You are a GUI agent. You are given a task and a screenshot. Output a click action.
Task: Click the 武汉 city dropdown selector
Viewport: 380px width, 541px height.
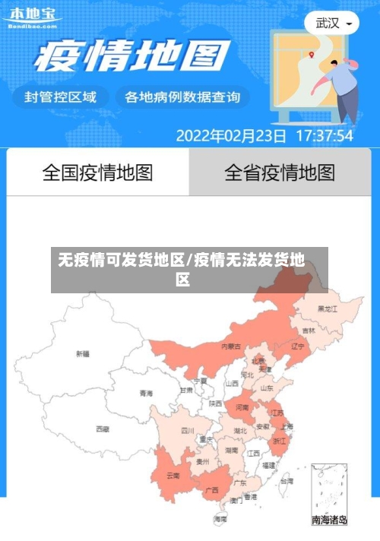coord(333,23)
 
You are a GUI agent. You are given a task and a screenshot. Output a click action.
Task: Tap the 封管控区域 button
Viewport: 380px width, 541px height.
coord(61,96)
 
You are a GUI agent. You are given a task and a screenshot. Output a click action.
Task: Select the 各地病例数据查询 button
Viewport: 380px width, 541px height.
coord(182,96)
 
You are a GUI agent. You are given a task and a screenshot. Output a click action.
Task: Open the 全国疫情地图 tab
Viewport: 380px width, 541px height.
coord(97,172)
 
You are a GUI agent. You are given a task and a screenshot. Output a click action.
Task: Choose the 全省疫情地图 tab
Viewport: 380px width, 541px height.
coord(280,172)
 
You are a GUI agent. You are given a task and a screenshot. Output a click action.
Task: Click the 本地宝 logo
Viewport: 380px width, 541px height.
coord(32,16)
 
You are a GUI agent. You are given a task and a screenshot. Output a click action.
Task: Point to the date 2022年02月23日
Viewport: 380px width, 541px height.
coord(231,136)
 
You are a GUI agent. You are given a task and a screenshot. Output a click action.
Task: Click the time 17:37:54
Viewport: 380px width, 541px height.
coord(324,136)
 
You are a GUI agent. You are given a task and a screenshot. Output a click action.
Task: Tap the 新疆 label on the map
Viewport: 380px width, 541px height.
coord(83,353)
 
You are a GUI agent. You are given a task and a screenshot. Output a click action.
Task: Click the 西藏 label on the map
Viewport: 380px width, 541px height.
coord(103,429)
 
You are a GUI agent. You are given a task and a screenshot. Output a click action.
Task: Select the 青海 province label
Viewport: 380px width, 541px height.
coord(146,393)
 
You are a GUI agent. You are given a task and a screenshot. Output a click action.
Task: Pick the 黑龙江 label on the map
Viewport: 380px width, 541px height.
coord(328,308)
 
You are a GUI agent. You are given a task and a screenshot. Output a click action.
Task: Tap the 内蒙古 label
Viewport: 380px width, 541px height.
coord(231,346)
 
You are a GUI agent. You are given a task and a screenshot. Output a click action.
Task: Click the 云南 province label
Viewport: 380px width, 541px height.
coord(173,476)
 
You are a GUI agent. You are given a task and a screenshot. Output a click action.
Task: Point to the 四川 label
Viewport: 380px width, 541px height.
coord(188,430)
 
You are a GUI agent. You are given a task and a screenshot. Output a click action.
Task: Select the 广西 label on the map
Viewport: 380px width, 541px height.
coord(213,490)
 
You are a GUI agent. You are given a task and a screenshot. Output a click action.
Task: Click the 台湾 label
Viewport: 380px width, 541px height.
coord(287,481)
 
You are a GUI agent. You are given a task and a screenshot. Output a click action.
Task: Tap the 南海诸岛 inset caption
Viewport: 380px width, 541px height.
coord(329,520)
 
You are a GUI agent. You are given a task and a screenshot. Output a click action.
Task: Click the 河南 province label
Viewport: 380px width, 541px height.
coord(242,407)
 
